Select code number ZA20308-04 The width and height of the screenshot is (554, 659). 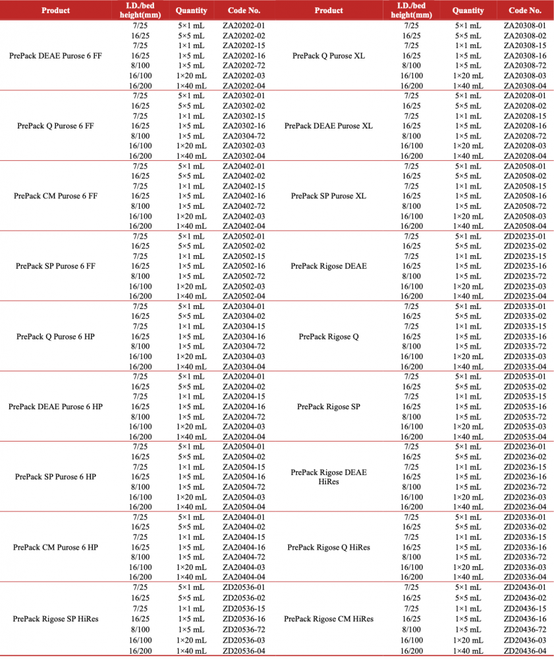click(x=525, y=86)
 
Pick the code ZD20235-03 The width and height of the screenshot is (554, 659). click(x=525, y=286)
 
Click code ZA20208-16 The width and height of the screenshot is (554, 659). click(x=525, y=126)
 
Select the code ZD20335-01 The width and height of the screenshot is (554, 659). click(x=525, y=306)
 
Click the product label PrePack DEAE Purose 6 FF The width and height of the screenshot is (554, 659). click(x=56, y=56)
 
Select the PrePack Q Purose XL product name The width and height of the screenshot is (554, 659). click(x=329, y=56)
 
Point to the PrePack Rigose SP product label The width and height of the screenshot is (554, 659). click(x=329, y=407)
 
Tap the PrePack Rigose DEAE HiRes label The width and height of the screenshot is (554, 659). click(x=329, y=477)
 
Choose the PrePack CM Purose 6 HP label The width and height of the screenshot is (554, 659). click(x=56, y=548)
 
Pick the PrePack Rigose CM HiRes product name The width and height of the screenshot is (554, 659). click(x=329, y=619)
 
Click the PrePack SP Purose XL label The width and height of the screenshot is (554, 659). click(x=329, y=196)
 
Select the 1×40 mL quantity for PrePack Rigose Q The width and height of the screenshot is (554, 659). click(x=468, y=366)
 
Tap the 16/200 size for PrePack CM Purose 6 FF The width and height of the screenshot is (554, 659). click(x=140, y=226)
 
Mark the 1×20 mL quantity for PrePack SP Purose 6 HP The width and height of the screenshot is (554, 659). click(x=192, y=497)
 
